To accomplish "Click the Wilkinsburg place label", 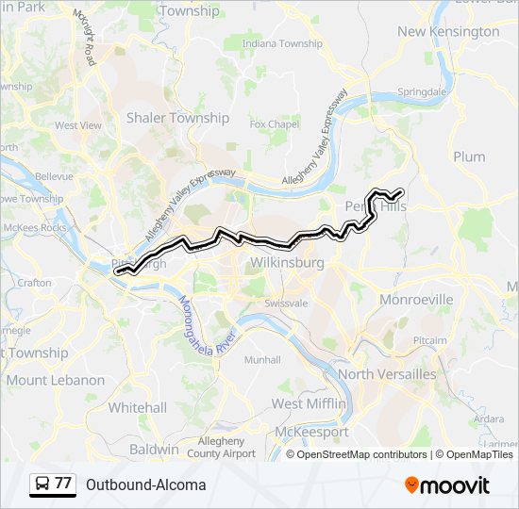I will tap(287, 262).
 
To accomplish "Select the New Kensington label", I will tap(448, 31).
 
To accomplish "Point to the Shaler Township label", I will tap(177, 118).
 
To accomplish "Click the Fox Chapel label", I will tap(274, 123).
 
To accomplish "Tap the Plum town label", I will tap(469, 156).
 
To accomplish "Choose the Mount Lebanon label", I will tap(56, 380).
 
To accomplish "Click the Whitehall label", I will tap(137, 407).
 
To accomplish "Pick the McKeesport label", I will tap(311, 432).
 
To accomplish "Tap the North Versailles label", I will tap(387, 374).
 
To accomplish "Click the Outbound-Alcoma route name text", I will tap(145, 484).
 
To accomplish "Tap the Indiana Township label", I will tap(282, 43).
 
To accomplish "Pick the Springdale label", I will tap(422, 92).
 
